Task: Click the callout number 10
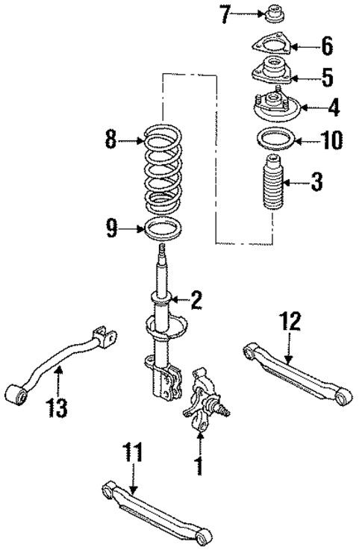[x=331, y=139]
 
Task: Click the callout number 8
[x=111, y=140]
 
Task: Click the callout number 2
[x=196, y=301]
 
